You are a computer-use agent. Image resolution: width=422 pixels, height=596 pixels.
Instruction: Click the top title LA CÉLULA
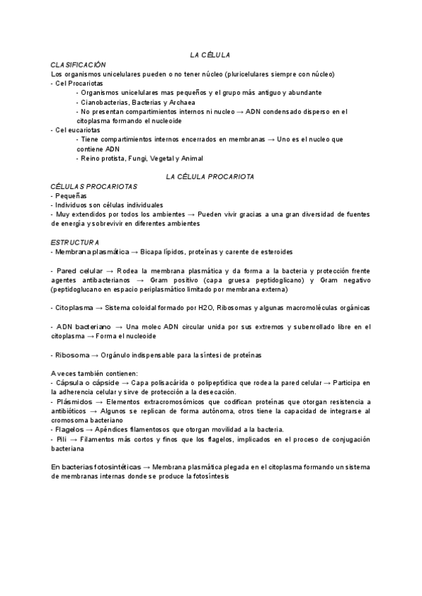click(x=210, y=54)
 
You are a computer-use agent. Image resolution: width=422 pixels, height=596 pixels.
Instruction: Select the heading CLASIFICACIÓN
click(x=78, y=64)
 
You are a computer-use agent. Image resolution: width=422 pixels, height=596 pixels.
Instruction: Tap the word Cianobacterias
click(x=105, y=102)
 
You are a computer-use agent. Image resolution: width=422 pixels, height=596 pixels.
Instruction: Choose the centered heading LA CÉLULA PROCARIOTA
click(x=210, y=176)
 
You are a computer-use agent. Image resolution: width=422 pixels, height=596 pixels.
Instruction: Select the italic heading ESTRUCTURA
click(x=75, y=242)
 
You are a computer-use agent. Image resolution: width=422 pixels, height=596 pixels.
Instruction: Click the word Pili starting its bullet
click(x=62, y=438)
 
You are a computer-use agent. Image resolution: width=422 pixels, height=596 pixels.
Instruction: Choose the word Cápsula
click(x=70, y=382)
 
